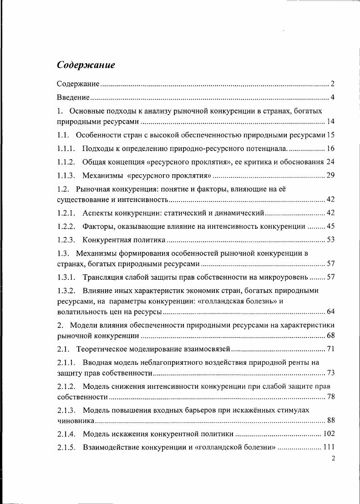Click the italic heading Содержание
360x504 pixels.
pos(86,65)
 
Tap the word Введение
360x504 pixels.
pos(73,97)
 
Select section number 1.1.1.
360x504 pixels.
pos(66,149)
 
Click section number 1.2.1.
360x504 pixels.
pos(66,213)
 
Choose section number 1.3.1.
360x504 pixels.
pos(66,277)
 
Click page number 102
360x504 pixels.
pos(329,434)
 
